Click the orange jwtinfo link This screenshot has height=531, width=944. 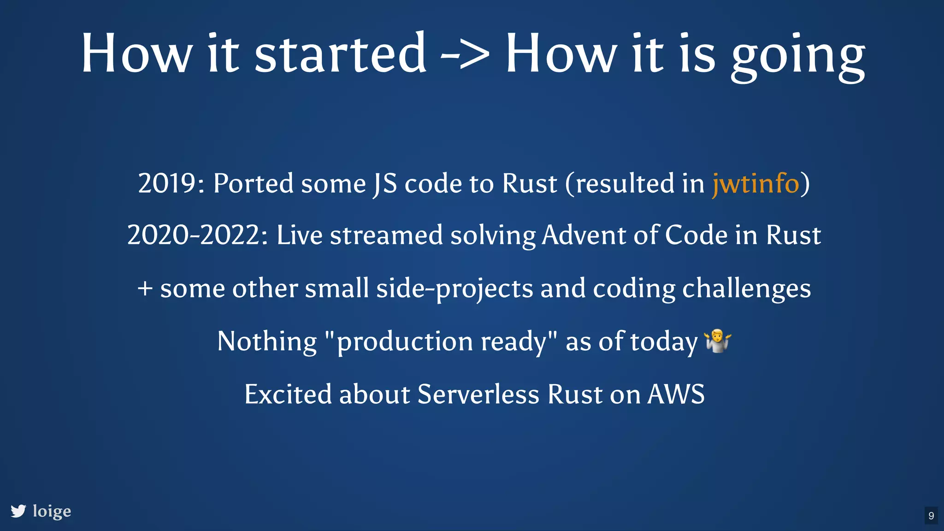click(x=755, y=184)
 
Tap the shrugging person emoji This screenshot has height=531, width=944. click(x=718, y=341)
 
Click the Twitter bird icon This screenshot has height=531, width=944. click(x=18, y=511)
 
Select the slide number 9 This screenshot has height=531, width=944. click(x=931, y=515)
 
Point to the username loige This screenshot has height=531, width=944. click(x=52, y=511)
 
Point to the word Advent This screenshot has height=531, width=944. click(x=584, y=236)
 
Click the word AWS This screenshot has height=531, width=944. click(x=676, y=395)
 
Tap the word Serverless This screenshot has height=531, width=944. click(x=478, y=395)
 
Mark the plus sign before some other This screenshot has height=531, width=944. click(x=145, y=289)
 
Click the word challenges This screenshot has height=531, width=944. click(x=746, y=289)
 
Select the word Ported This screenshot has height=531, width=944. click(x=253, y=184)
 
